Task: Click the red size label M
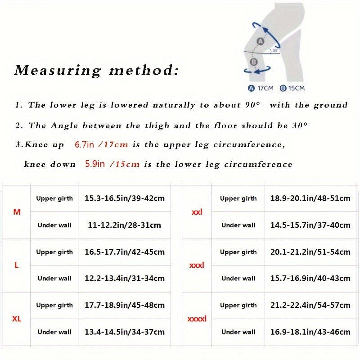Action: point(17,211)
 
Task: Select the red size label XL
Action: point(17,319)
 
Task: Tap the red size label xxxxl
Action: point(197,319)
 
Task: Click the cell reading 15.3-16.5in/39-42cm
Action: point(125,198)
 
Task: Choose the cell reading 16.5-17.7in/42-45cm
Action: point(125,252)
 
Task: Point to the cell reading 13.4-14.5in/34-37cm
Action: point(125,332)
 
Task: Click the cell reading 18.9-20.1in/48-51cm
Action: point(310,198)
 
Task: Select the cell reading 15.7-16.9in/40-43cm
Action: point(310,279)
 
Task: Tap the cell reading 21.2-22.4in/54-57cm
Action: point(310,306)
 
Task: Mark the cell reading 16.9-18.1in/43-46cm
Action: point(310,332)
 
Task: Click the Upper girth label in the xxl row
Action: point(238,198)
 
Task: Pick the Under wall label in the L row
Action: point(54,279)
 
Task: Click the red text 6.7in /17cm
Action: point(101,144)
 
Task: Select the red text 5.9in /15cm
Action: point(112,164)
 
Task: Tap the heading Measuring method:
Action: point(96,71)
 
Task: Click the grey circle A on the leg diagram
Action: point(260,42)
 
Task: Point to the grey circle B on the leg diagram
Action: point(254,62)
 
